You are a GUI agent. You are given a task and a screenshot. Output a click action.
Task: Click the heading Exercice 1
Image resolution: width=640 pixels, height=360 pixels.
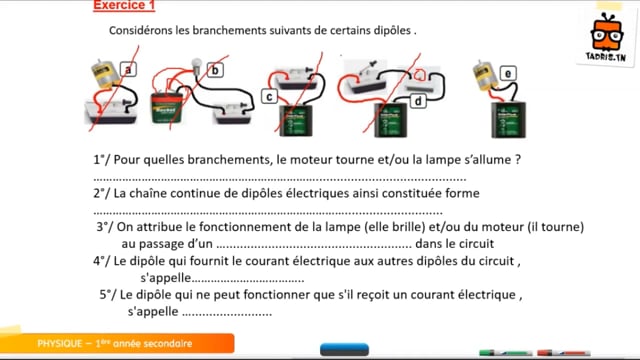click(124, 5)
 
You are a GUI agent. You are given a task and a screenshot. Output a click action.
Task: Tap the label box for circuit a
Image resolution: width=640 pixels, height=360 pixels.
click(128, 69)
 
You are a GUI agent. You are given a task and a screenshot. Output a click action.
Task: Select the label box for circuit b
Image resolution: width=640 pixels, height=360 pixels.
click(215, 70)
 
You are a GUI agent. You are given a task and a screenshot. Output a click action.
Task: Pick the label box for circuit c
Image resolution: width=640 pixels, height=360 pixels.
click(269, 97)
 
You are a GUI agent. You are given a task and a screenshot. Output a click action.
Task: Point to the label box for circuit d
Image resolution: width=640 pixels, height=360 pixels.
click(418, 100)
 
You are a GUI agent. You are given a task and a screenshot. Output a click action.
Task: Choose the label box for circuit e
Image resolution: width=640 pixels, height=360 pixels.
click(508, 73)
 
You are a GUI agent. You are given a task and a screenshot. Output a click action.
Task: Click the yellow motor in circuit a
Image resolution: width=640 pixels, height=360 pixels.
click(105, 74)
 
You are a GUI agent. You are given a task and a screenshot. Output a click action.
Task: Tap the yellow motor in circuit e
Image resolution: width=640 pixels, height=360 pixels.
click(486, 76)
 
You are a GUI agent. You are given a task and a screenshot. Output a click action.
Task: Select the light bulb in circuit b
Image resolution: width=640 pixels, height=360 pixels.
click(197, 65)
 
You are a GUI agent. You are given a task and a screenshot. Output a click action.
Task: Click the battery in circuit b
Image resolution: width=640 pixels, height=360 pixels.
click(167, 107)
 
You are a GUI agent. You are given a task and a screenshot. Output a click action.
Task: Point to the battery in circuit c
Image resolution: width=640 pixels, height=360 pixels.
click(296, 120)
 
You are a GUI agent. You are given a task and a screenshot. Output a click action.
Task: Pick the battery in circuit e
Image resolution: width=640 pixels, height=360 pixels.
click(508, 120)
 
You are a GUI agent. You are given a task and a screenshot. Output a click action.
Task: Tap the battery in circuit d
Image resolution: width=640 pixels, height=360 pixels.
click(391, 120)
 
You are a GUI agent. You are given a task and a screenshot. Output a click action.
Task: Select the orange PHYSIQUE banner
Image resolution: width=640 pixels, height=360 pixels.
click(117, 343)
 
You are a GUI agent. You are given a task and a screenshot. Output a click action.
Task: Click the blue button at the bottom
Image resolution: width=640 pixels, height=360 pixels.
click(344, 349)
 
